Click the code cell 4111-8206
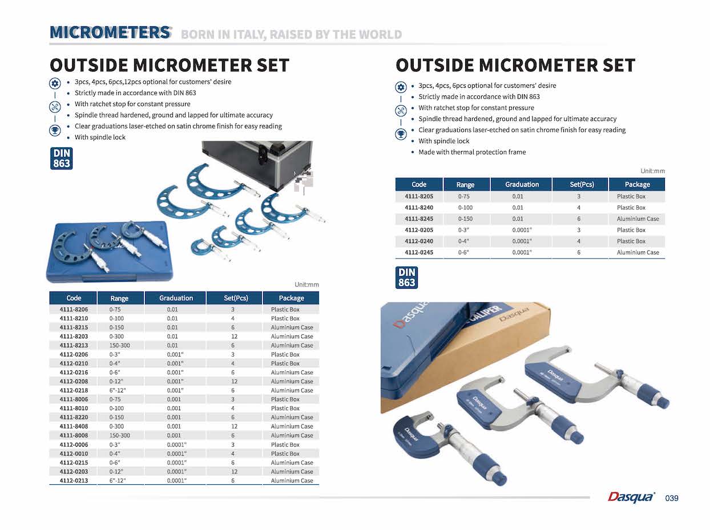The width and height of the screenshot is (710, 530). click(74, 309)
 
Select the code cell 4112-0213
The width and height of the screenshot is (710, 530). click(74, 480)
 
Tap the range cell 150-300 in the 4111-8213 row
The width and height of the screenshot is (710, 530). click(119, 346)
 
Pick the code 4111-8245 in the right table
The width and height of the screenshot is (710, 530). click(419, 219)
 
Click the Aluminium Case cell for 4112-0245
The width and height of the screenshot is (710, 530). click(638, 252)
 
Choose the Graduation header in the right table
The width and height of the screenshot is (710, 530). click(522, 184)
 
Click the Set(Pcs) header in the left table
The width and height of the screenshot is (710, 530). click(236, 298)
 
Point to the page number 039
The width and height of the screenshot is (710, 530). click(672, 498)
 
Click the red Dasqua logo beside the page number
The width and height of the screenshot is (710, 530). click(631, 497)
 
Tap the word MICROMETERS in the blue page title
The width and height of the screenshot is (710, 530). click(110, 33)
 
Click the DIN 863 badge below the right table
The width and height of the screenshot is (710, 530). click(406, 277)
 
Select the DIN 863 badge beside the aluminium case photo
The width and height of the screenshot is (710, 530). click(62, 159)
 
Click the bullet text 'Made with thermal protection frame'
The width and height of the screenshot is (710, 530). click(472, 152)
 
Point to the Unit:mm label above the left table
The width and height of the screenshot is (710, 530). click(306, 285)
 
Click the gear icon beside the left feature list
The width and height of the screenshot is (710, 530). click(55, 83)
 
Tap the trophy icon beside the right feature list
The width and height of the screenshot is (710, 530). click(401, 134)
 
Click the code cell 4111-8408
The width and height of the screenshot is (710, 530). click(74, 427)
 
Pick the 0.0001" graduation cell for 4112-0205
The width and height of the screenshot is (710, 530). click(522, 230)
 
